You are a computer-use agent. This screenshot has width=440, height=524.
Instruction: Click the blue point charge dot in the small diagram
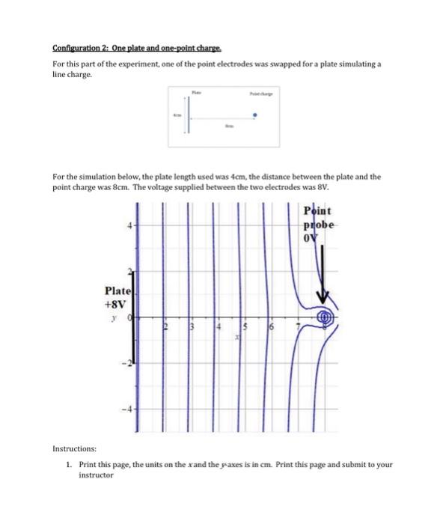(256, 115)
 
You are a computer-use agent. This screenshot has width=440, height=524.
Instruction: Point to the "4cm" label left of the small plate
(177, 115)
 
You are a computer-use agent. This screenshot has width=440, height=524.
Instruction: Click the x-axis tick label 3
(191, 326)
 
